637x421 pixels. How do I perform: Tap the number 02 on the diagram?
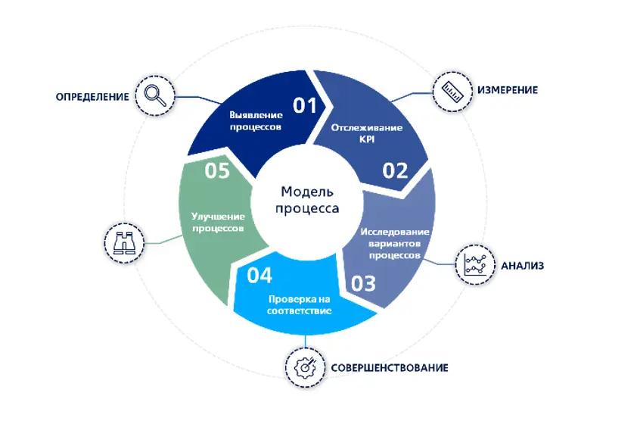click(x=395, y=170)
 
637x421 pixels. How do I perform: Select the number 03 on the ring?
click(x=363, y=284)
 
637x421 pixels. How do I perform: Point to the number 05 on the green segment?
click(x=217, y=171)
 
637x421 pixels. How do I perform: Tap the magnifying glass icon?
click(x=154, y=95)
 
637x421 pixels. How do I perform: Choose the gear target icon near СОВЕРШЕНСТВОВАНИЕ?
click(x=304, y=367)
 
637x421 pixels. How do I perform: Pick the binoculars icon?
click(x=123, y=243)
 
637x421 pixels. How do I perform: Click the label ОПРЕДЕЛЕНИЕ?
click(x=90, y=97)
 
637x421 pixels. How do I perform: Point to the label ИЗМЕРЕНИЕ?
click(x=507, y=90)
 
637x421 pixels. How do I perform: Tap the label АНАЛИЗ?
click(x=523, y=266)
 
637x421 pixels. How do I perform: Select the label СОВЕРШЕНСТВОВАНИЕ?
click(x=390, y=368)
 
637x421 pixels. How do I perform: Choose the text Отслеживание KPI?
click(x=367, y=133)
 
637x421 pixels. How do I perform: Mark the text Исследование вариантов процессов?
click(x=395, y=243)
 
